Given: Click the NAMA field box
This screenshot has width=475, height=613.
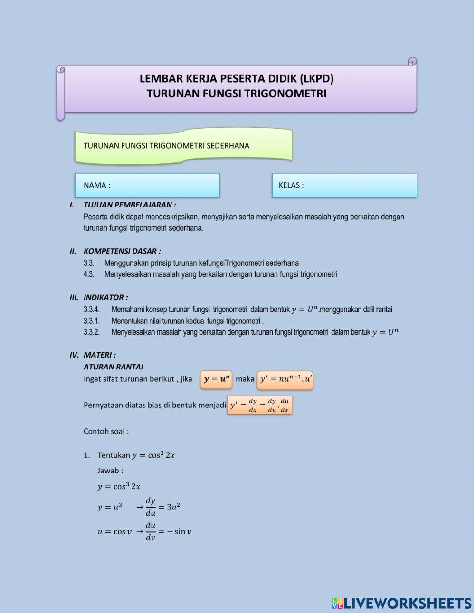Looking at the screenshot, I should point(147,185).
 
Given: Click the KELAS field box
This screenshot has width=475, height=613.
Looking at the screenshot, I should point(344,185).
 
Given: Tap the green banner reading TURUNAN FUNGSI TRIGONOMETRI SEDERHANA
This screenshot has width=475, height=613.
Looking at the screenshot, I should point(183,146).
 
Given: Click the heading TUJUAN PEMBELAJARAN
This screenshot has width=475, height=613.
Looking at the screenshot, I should point(129,205).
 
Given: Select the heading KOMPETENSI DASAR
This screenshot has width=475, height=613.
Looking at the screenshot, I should point(122,251).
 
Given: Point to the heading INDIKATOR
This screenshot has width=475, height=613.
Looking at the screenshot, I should point(105,298).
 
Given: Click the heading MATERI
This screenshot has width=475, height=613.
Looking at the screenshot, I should point(99,355).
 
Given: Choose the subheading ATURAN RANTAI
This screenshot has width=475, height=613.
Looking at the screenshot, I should point(113,367).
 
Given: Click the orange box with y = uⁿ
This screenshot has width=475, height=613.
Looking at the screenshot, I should point(216,379).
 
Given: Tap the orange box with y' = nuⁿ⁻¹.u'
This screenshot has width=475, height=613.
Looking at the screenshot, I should point(285,379).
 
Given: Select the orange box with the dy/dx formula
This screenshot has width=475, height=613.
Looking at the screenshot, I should point(260,405).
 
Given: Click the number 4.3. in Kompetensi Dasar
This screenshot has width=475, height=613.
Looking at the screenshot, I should point(89,274).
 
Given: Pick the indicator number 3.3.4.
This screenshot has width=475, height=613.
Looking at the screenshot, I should point(91,310).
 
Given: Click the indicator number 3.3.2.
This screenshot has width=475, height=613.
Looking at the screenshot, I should point(91,332).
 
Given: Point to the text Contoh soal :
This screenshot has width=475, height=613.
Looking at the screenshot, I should point(106,432).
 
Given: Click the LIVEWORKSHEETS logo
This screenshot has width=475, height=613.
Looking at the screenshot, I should point(401,603).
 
